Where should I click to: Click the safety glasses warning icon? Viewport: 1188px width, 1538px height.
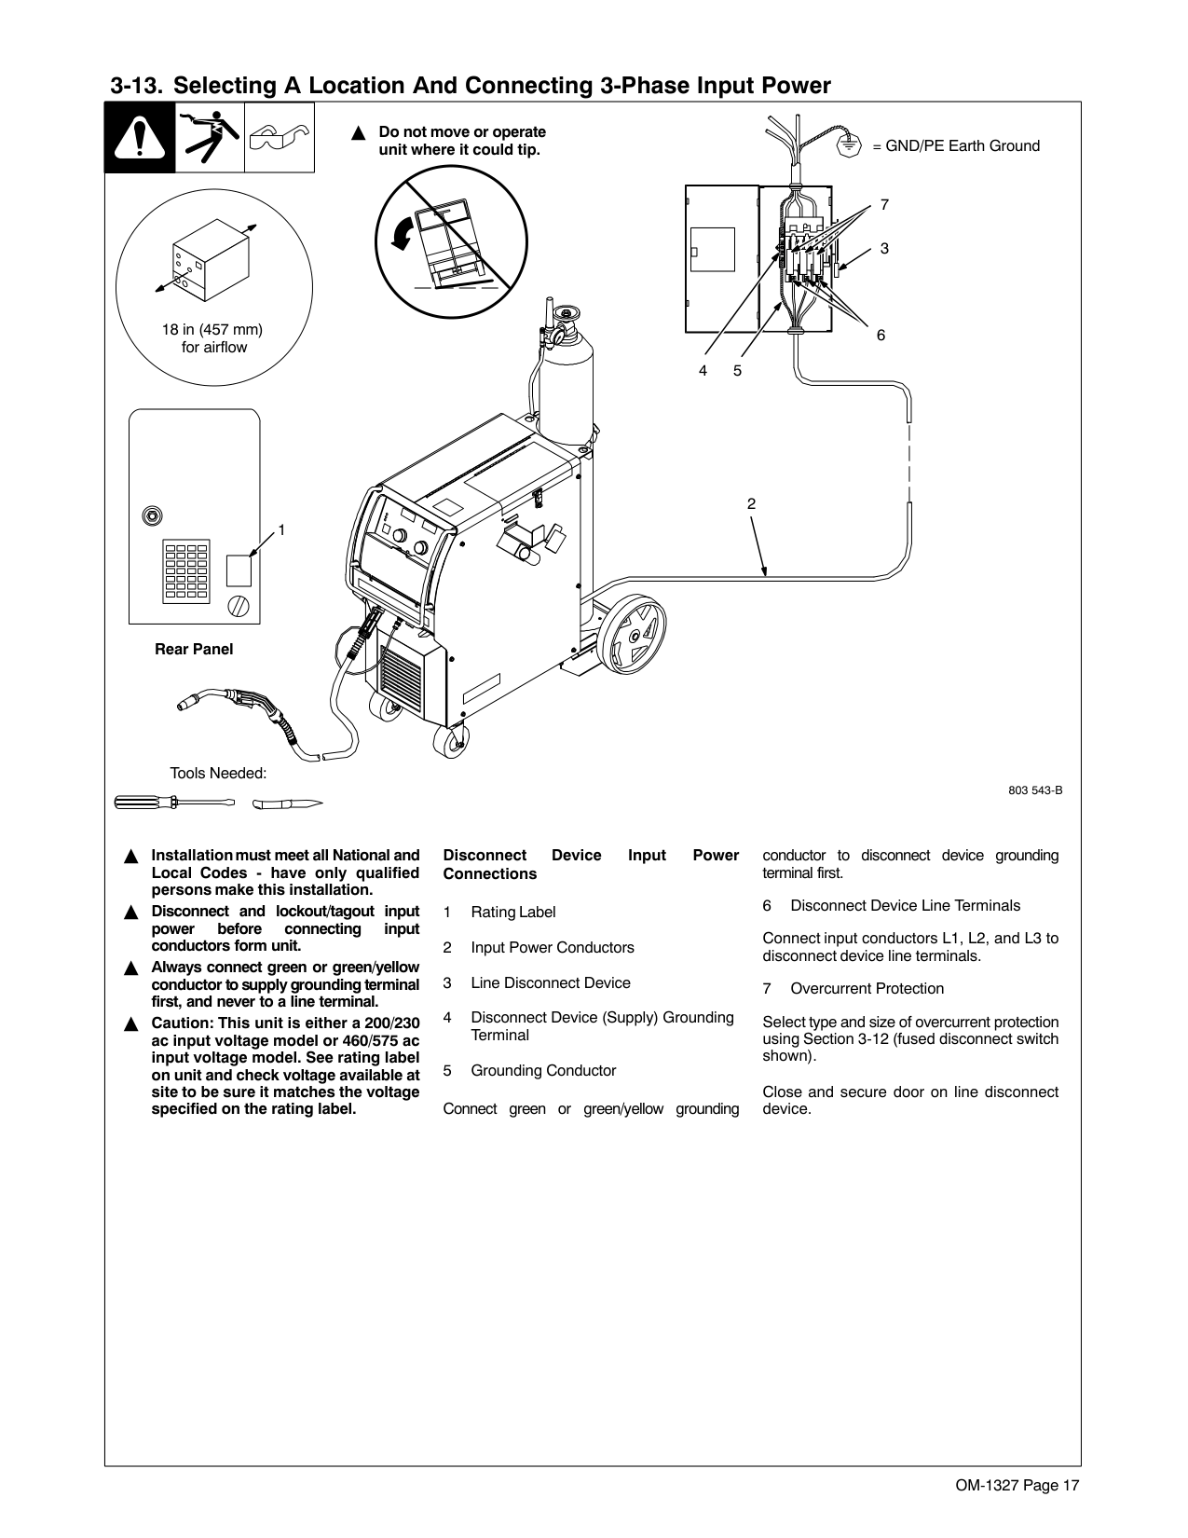click(x=279, y=138)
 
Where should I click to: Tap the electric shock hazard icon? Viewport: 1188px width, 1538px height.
click(x=210, y=138)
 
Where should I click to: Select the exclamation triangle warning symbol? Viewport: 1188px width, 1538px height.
click(x=140, y=139)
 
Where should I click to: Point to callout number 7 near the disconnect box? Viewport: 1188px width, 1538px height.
click(x=884, y=204)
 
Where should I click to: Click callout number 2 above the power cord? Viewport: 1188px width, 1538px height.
click(x=751, y=504)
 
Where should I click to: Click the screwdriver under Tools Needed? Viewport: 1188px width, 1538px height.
click(x=174, y=803)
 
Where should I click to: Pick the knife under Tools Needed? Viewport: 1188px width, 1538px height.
click(x=292, y=803)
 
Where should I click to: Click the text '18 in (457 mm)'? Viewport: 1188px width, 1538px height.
click(x=212, y=330)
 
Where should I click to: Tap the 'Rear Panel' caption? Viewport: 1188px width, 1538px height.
click(x=194, y=650)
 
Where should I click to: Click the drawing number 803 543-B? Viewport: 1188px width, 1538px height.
click(x=1035, y=790)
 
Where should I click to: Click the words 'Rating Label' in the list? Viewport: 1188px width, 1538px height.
click(x=512, y=913)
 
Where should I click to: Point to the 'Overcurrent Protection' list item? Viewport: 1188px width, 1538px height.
click(x=867, y=989)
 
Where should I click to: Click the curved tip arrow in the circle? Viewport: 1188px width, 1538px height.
click(x=402, y=233)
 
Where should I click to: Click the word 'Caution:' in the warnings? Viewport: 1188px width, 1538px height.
click(x=182, y=1023)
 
